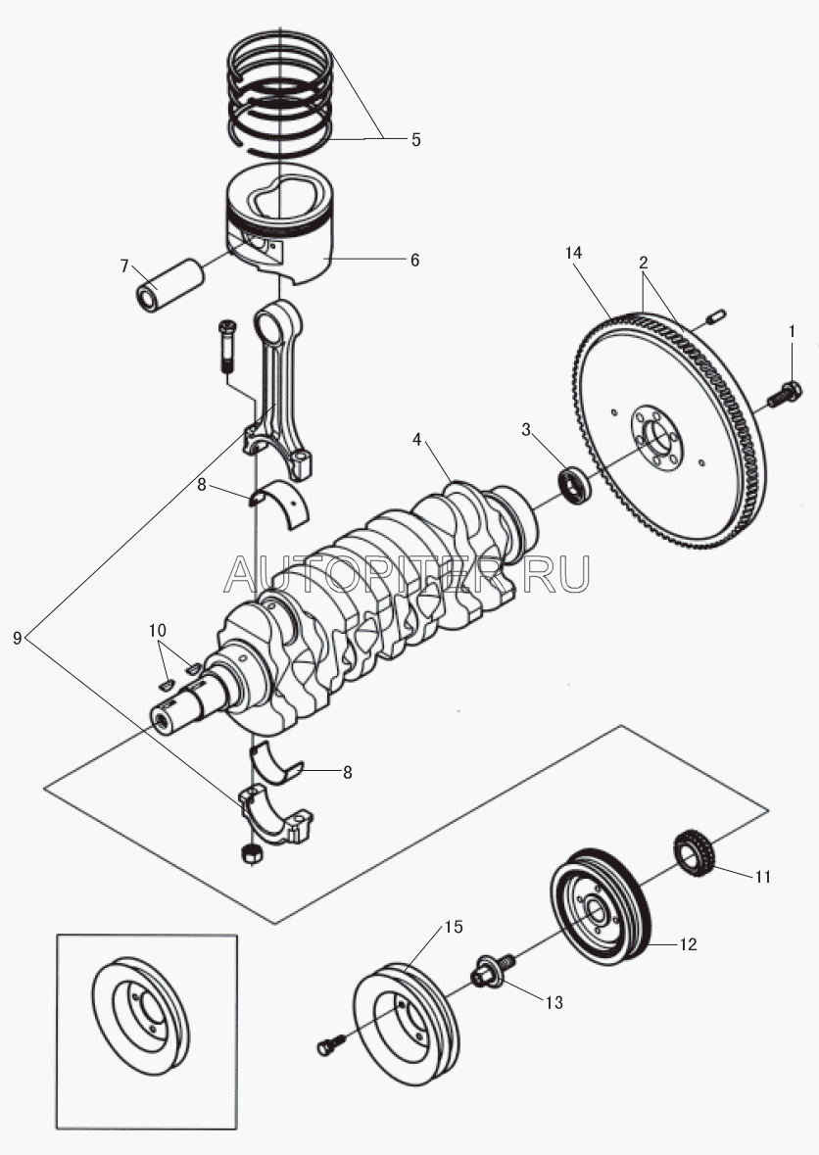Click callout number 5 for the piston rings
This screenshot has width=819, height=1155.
(x=415, y=139)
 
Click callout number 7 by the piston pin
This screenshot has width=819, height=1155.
(x=124, y=265)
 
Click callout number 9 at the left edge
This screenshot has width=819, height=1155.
(x=18, y=638)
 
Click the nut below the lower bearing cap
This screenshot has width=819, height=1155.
(x=249, y=854)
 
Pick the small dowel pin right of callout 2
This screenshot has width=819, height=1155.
(x=714, y=316)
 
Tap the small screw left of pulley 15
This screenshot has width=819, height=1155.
(x=327, y=1047)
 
